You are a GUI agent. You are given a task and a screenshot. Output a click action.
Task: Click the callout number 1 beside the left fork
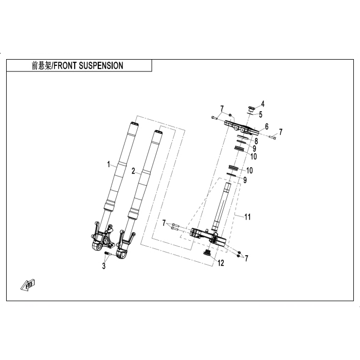109,165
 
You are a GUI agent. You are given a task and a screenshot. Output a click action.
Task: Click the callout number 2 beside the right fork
133,171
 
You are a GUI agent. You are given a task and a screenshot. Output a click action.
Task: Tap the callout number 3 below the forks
103,266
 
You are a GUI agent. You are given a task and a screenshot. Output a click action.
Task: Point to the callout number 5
261,114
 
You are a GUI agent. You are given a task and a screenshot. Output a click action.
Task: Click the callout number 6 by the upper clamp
266,127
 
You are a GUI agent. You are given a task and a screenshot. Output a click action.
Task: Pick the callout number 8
256,140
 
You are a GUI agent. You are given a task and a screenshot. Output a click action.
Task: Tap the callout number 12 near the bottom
221,263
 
